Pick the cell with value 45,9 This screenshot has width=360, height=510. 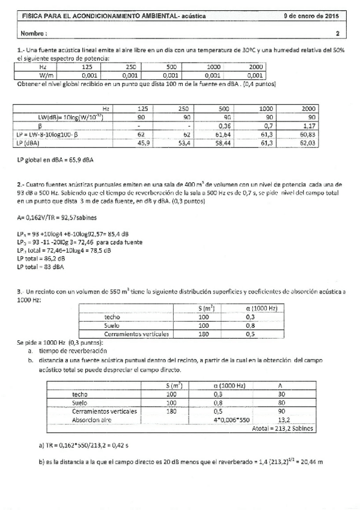[139, 143]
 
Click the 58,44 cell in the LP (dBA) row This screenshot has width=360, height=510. [224, 143]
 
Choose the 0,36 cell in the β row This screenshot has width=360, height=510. [225, 126]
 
